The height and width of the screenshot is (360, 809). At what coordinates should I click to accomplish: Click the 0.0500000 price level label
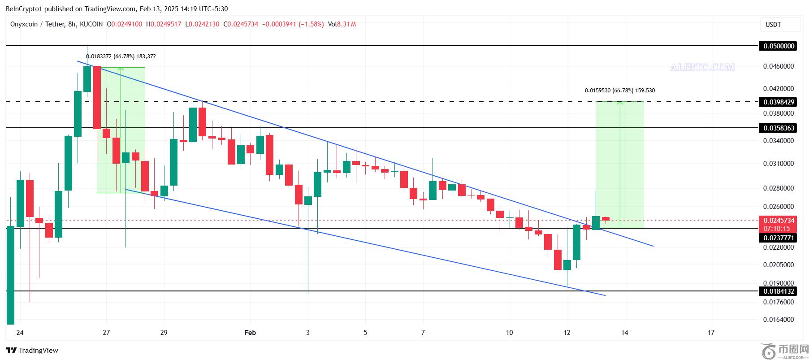click(x=777, y=46)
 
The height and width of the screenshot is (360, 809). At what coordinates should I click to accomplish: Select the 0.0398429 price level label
click(x=777, y=102)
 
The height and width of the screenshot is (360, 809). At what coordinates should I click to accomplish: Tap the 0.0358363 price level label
click(x=777, y=128)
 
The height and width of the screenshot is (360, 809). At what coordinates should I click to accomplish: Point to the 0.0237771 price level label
click(x=777, y=238)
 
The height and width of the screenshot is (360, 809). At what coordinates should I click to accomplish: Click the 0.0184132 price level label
click(x=777, y=291)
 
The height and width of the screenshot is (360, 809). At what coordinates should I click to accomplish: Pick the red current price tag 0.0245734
click(x=777, y=220)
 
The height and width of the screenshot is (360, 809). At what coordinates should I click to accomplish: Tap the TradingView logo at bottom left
click(x=32, y=350)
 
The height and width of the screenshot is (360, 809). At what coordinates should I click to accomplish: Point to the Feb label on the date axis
click(x=250, y=332)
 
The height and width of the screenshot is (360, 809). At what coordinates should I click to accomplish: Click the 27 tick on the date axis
click(x=106, y=332)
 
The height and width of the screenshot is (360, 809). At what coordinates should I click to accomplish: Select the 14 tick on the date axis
click(x=625, y=332)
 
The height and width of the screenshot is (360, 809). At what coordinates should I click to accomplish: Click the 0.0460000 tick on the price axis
click(x=779, y=66)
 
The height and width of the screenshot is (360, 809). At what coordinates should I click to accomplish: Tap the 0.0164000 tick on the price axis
click(x=779, y=320)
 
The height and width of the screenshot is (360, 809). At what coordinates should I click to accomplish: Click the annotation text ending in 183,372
click(x=121, y=56)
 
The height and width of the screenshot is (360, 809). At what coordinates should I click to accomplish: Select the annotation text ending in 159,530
click(x=619, y=91)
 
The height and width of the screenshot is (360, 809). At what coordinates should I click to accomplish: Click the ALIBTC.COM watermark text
click(x=702, y=67)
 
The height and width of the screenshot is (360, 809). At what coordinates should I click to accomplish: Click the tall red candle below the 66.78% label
click(x=97, y=97)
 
